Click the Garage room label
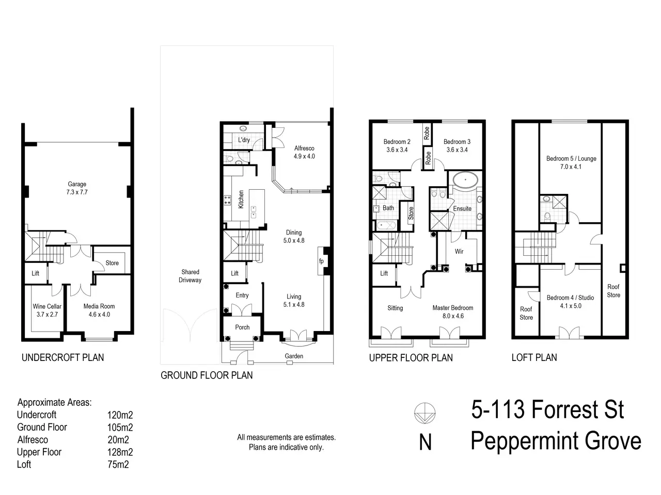(77, 184)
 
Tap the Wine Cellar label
(47, 306)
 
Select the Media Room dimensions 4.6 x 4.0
(99, 315)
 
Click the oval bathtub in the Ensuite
(465, 180)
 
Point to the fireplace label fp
(321, 261)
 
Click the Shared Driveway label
(190, 276)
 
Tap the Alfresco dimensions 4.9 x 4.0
(304, 156)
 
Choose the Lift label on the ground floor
(234, 273)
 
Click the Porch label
(242, 327)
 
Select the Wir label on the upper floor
(459, 251)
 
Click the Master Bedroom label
(452, 308)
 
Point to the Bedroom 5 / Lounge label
(571, 158)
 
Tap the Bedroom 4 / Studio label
(570, 298)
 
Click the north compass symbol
(424, 413)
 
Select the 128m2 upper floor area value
(120, 452)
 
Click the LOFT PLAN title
(534, 357)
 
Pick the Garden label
(294, 356)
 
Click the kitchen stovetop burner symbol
(227, 200)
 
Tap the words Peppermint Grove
(556, 441)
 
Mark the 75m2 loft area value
(118, 465)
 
